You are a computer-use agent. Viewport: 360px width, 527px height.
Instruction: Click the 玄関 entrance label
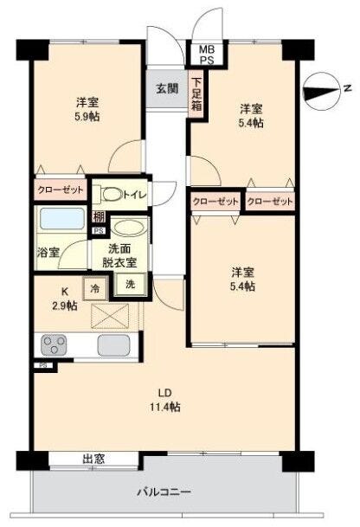point(167,88)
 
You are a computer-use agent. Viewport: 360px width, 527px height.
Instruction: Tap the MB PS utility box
point(206,55)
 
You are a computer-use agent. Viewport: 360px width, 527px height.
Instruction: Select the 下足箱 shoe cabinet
point(196,94)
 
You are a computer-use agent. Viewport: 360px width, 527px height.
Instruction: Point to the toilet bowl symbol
point(112,194)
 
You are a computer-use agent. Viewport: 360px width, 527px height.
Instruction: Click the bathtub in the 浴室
point(61,219)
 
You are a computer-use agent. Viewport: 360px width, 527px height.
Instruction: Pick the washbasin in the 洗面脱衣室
point(128,227)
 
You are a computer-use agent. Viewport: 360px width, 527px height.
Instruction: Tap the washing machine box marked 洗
point(131,284)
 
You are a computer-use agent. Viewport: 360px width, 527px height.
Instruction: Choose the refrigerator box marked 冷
point(95,288)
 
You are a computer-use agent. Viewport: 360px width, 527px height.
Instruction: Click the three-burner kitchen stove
point(54,344)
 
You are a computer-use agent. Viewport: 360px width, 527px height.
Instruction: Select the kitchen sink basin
point(113,345)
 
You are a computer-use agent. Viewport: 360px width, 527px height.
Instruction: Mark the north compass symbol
point(322,92)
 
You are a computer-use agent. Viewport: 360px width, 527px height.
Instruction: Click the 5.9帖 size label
point(87,116)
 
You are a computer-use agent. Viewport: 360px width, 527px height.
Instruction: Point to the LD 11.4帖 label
point(165,400)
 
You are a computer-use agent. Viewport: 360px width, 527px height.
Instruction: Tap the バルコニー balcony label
point(164,492)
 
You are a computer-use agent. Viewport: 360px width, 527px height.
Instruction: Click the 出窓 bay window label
point(93,459)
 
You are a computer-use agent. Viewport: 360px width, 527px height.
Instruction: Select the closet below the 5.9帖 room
point(61,190)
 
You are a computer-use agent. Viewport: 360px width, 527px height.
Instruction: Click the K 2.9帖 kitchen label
point(64,299)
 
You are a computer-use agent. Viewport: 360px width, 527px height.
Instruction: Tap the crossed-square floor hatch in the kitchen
point(110,316)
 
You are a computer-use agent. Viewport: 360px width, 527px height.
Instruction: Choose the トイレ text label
point(136,195)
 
